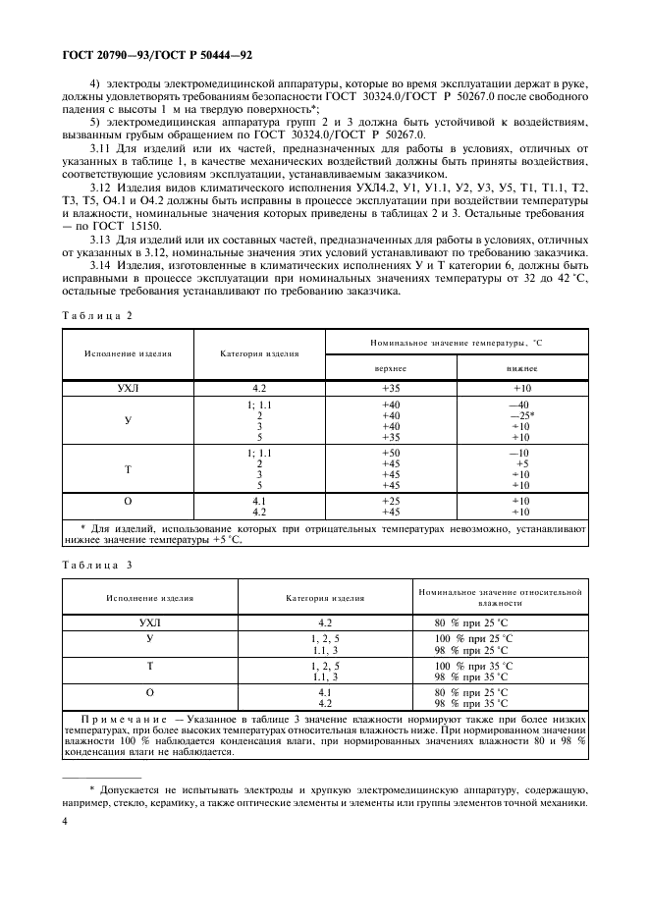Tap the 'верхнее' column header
(x=391, y=368)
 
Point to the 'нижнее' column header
(x=520, y=368)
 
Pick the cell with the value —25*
(x=521, y=415)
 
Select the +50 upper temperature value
(x=391, y=453)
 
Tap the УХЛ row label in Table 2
(x=128, y=388)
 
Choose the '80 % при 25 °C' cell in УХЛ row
(x=472, y=622)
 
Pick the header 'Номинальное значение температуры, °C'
(x=456, y=341)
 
